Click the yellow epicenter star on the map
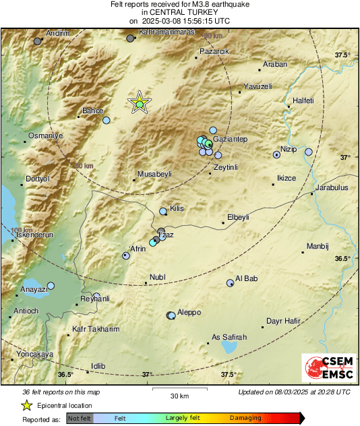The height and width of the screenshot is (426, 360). (x=139, y=102)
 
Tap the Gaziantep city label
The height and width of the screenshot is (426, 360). (x=231, y=139)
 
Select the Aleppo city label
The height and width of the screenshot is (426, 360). (x=189, y=313)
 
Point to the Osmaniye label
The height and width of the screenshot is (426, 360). (x=45, y=135)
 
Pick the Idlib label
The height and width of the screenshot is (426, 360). (x=98, y=366)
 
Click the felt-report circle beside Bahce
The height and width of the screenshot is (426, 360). (x=106, y=120)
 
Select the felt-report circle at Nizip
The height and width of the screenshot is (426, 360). (x=276, y=154)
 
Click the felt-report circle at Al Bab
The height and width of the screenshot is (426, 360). (x=231, y=283)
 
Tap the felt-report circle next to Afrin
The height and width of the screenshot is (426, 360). (x=126, y=255)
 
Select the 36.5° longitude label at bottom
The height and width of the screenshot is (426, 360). (x=65, y=374)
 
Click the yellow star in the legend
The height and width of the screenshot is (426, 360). (x=26, y=405)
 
